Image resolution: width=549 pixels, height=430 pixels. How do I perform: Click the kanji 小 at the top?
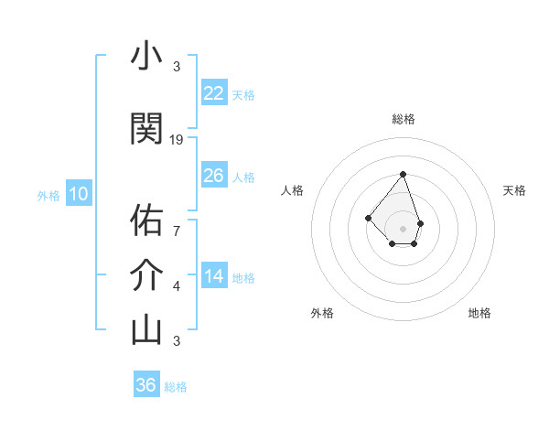146,57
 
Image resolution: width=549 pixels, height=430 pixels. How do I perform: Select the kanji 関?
146,129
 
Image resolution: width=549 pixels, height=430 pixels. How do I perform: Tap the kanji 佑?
146,220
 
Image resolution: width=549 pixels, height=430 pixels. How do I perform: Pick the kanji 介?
146,274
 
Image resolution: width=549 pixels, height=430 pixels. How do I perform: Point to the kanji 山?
146,329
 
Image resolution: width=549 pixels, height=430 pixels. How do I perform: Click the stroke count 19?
178,140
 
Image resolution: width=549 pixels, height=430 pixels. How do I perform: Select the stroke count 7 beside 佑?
177,231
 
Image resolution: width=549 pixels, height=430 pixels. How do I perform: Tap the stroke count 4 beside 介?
177,286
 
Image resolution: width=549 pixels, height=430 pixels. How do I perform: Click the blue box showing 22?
214,92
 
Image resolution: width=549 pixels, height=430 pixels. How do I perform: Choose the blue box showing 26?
214,175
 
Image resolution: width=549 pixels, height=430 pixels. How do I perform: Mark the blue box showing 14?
214,275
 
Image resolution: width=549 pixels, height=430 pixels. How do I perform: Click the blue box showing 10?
78,193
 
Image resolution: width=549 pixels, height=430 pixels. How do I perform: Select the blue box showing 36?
146,385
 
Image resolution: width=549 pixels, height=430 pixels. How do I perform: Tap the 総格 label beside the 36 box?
176,387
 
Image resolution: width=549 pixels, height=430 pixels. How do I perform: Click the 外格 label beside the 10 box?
48,195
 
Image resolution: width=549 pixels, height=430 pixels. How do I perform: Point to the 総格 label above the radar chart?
403,119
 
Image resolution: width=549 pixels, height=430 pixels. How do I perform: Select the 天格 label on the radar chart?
514,190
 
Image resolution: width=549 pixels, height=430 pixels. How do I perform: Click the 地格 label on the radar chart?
479,313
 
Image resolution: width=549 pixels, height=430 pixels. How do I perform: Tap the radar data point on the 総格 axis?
403,174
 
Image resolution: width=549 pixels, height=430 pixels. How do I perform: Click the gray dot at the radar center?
403,228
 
